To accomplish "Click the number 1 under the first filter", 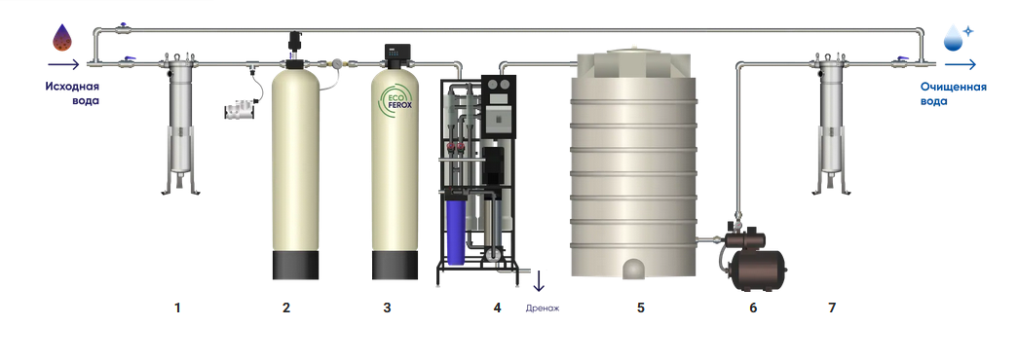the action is [177, 308].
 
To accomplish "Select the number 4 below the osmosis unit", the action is [498, 308].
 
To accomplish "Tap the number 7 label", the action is [832, 308].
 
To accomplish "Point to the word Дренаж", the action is [543, 308].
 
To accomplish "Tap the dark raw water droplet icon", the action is [62, 38].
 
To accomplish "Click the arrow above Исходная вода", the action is [63, 64].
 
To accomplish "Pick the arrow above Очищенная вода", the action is [960, 64].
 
